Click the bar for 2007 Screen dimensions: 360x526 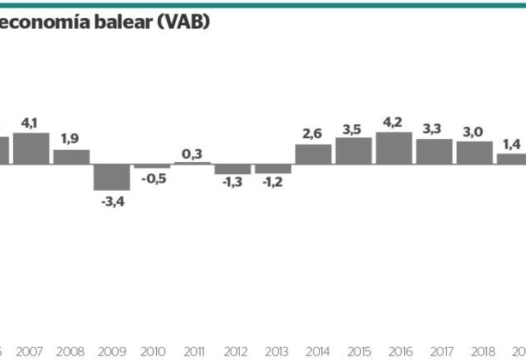31,148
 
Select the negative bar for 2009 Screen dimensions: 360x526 112,177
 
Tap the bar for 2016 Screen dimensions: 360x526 394,148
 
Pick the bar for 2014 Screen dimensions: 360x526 313,154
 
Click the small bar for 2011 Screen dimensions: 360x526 192,163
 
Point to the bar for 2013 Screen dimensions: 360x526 273,168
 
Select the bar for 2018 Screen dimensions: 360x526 475,152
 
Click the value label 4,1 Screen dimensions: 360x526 30,123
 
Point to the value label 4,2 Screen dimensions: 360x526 393,122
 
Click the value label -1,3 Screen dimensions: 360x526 232,184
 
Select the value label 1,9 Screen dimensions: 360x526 71,140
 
